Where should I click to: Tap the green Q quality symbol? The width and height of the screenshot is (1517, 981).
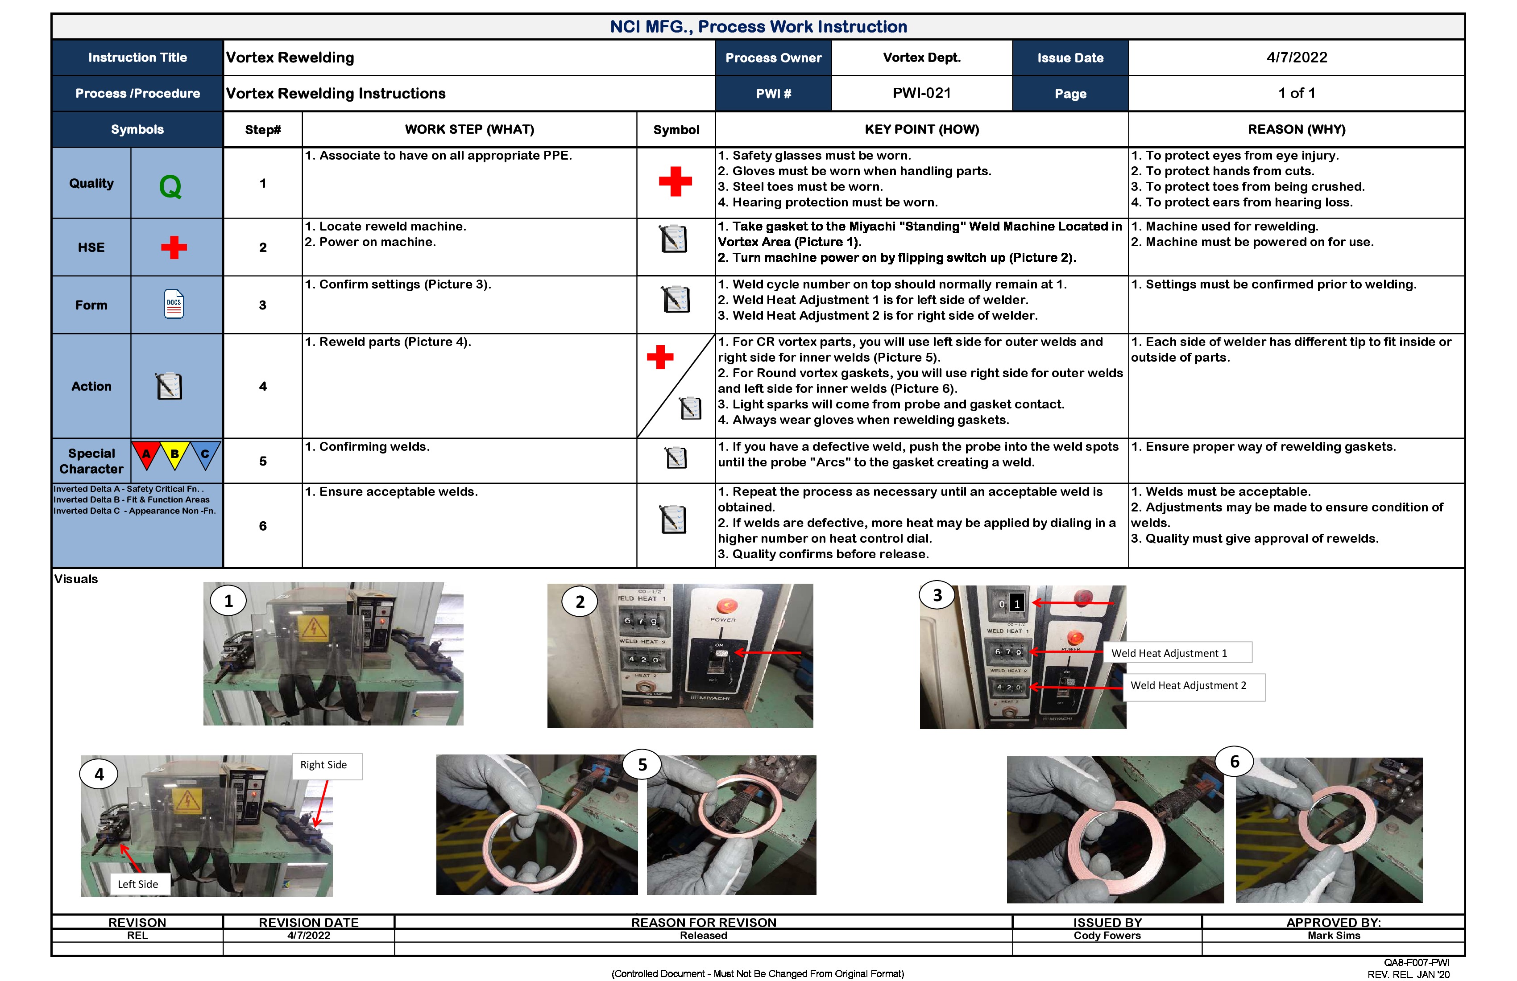(170, 186)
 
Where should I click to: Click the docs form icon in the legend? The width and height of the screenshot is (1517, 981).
(174, 304)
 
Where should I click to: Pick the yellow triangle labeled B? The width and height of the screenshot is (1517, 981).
(174, 454)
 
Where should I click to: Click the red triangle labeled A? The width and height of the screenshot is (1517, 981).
(146, 454)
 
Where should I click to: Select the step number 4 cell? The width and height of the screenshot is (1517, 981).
(263, 386)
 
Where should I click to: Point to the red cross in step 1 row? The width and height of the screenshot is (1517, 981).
(675, 181)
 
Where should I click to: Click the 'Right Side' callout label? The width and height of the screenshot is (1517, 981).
(324, 764)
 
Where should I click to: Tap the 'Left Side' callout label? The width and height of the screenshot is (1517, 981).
(138, 883)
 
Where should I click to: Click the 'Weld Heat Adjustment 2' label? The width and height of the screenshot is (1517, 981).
(1188, 685)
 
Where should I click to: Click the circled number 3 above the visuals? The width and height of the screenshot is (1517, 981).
(937, 595)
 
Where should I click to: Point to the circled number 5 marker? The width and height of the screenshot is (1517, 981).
(642, 764)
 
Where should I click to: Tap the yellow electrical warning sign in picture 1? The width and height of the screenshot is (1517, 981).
(314, 627)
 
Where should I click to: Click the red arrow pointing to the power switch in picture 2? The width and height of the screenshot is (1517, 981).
(767, 652)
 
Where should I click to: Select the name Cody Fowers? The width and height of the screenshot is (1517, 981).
(1107, 935)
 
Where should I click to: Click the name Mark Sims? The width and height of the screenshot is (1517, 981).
(1334, 935)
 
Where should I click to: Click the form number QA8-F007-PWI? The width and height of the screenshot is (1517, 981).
(1416, 962)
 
